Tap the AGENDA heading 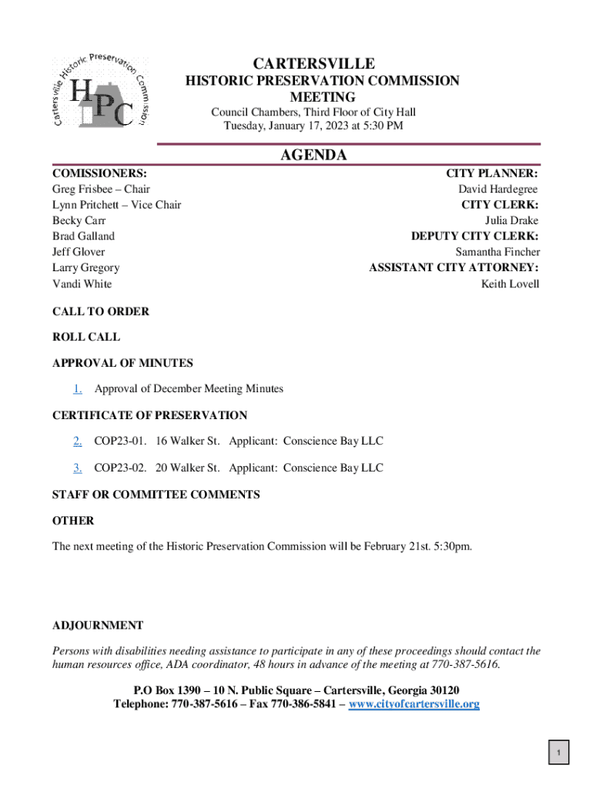pyautogui.click(x=313, y=155)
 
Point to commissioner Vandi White pyautogui.click(x=82, y=284)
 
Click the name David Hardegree pyautogui.click(x=498, y=189)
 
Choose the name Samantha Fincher pyautogui.click(x=498, y=252)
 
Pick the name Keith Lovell pyautogui.click(x=510, y=284)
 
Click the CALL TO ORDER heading pyautogui.click(x=101, y=311)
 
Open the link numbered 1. pyautogui.click(x=78, y=388)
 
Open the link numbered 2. pyautogui.click(x=78, y=441)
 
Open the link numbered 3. pyautogui.click(x=78, y=467)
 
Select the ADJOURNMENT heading pyautogui.click(x=98, y=625)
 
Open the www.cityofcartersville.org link pyautogui.click(x=414, y=703)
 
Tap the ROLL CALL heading pyautogui.click(x=86, y=337)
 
